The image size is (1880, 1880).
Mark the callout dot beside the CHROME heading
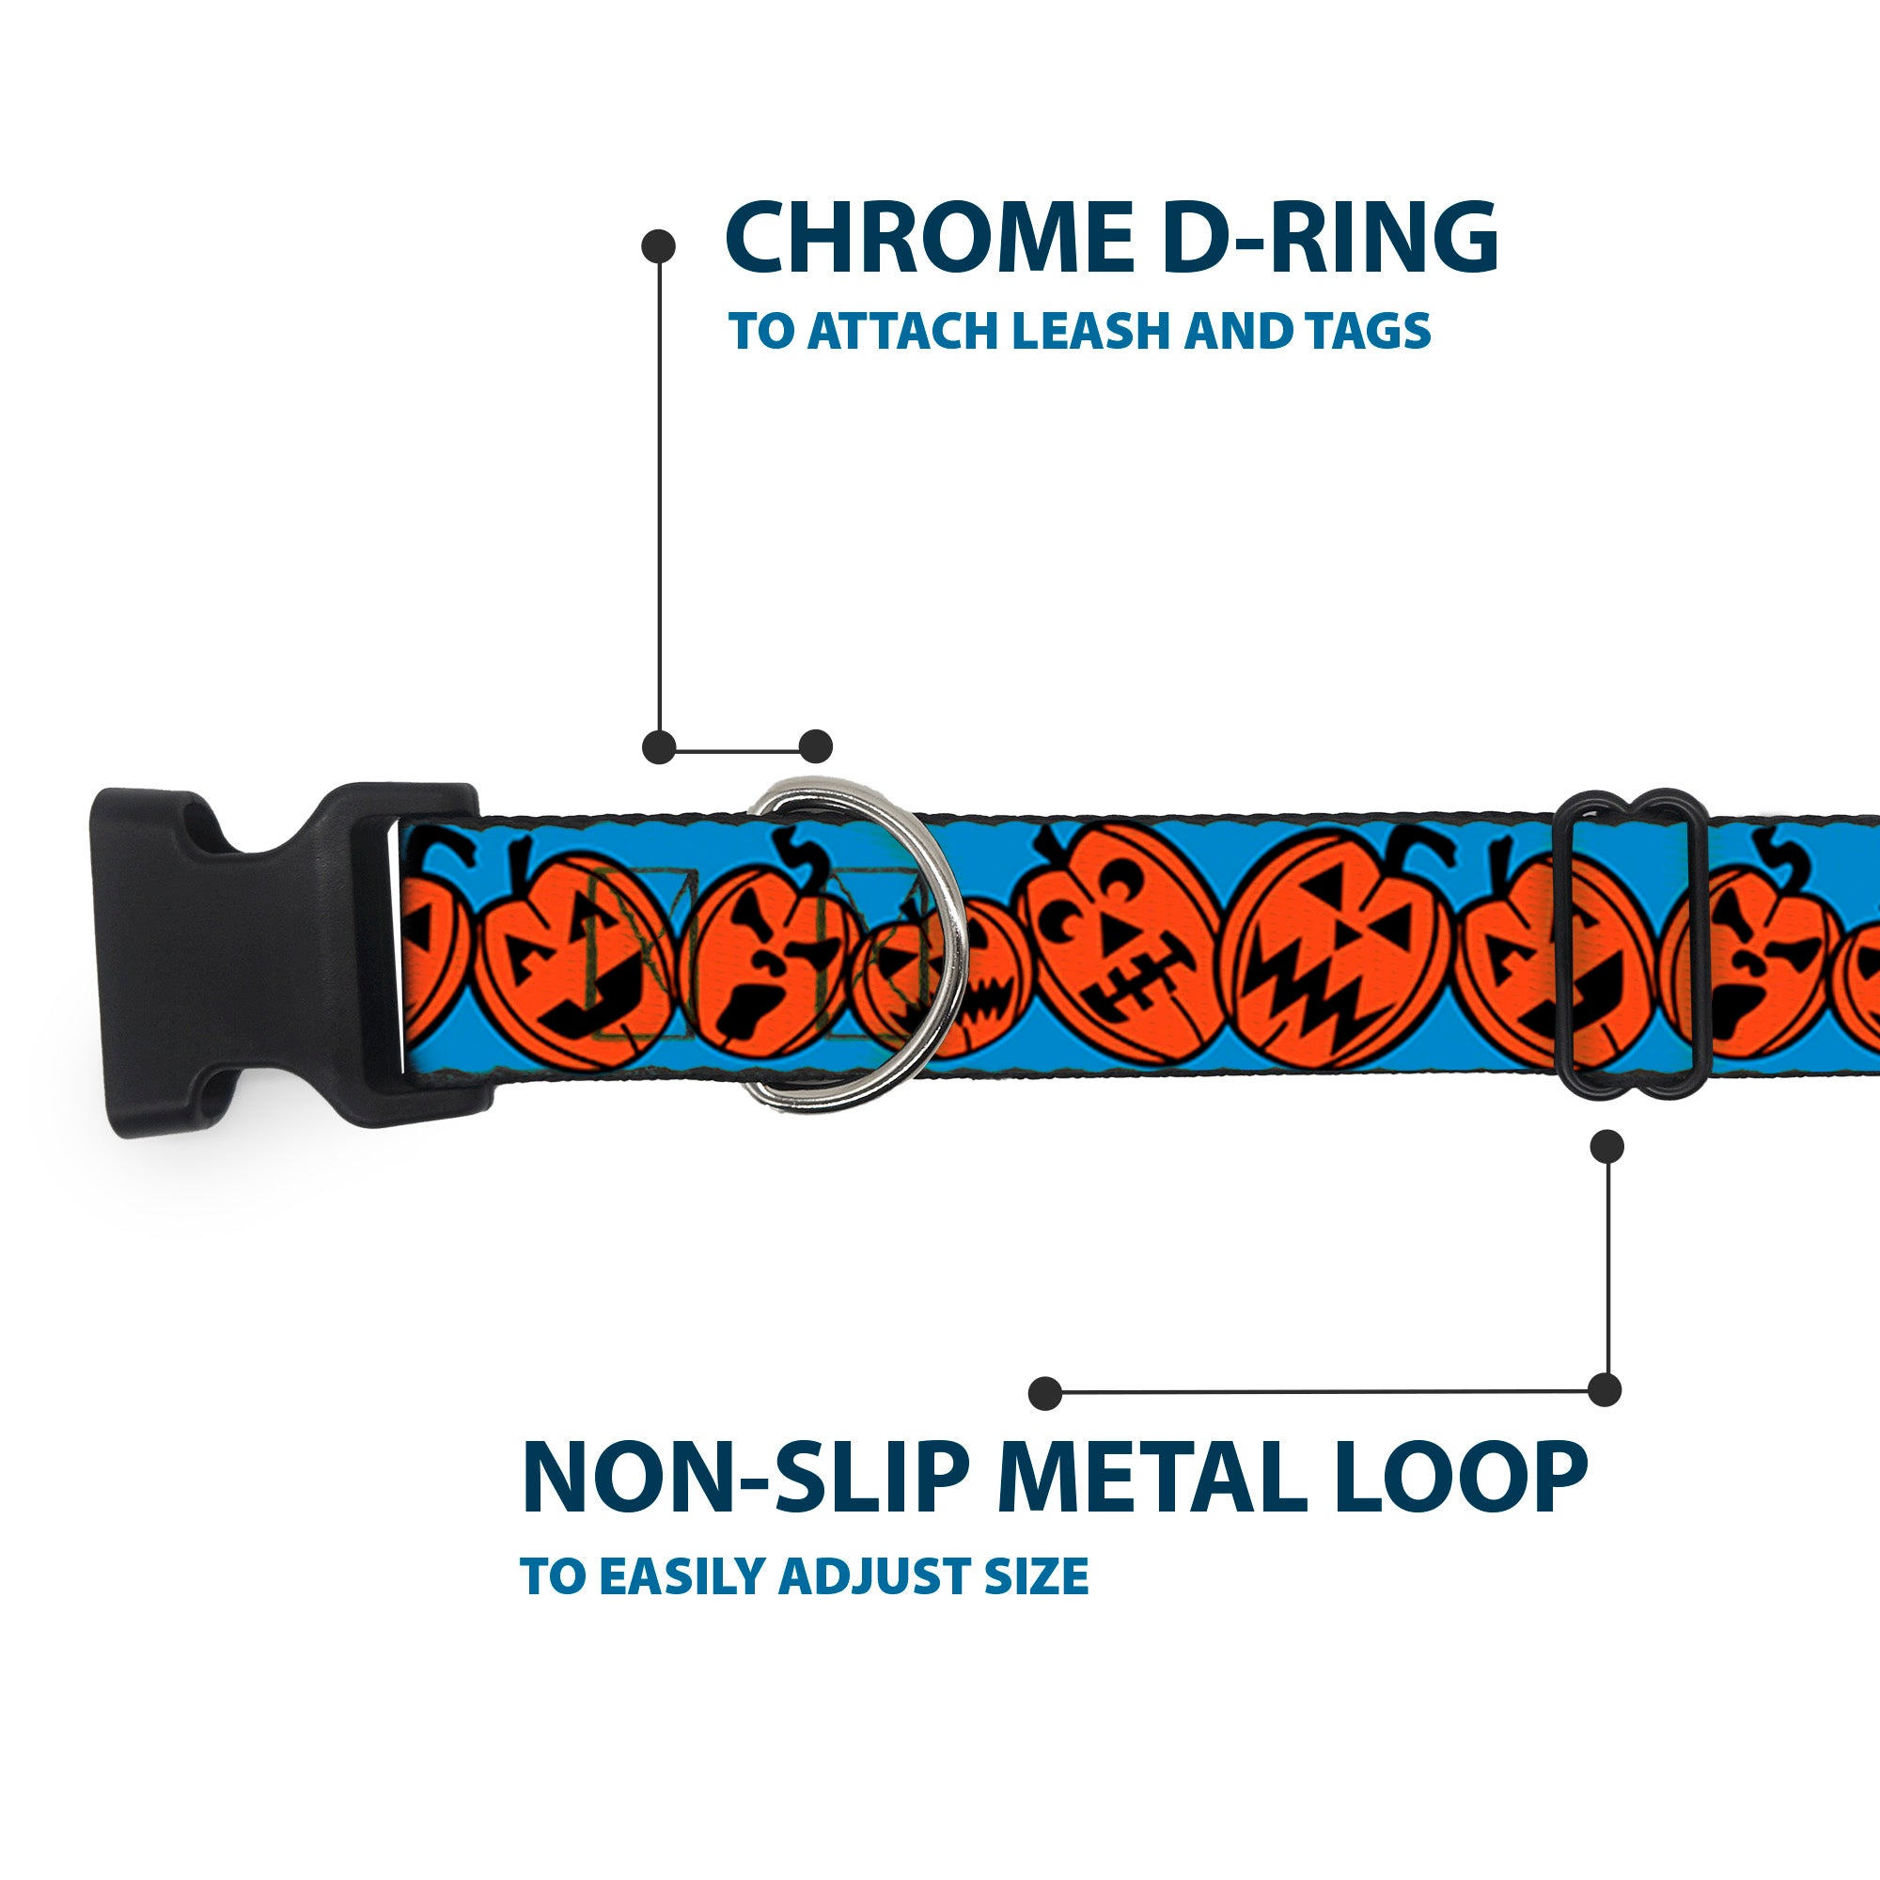[659, 246]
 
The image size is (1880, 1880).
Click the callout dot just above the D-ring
[815, 747]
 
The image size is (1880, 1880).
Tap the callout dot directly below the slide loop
[1606, 1146]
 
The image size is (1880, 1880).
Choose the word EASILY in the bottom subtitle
[685, 1576]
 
